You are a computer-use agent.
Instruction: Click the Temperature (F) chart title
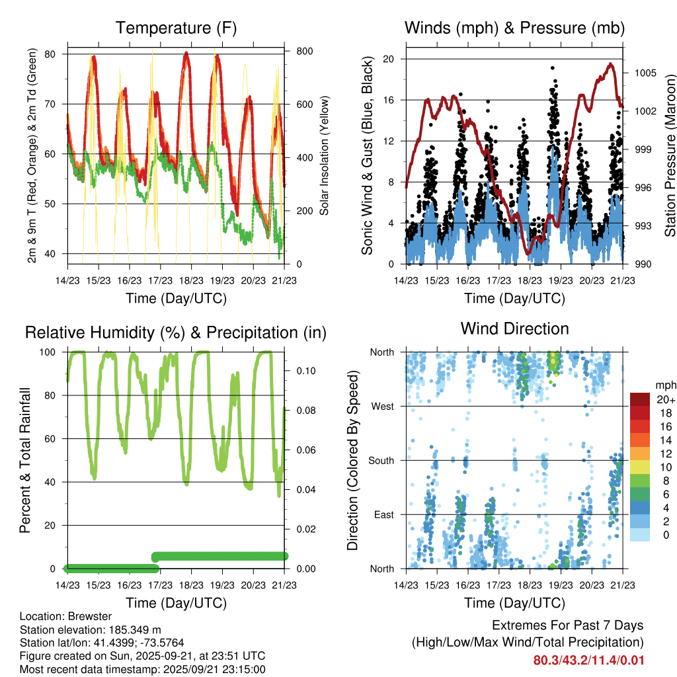[176, 28]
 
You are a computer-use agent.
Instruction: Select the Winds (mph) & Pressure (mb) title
[514, 28]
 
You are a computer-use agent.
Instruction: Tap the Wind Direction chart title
[514, 329]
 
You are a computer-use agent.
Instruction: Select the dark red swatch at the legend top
[640, 399]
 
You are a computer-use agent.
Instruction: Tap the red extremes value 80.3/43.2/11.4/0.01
[588, 660]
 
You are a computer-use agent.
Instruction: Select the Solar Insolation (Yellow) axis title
[324, 156]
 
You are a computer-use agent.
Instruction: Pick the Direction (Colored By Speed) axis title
[352, 460]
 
